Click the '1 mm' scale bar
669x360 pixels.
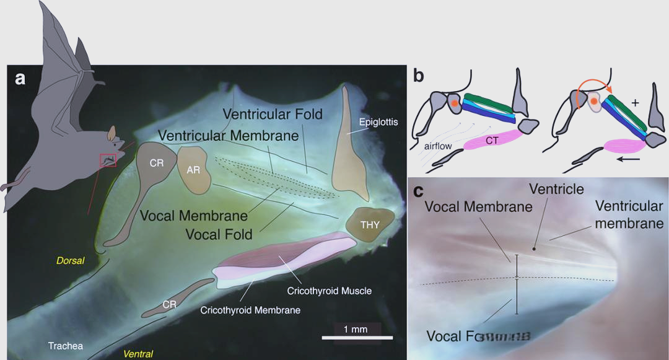tap(357, 337)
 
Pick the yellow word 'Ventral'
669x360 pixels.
tap(138, 354)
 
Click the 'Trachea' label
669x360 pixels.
tap(66, 346)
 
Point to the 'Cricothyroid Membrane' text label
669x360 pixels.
tap(250, 310)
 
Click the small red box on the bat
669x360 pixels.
tap(108, 160)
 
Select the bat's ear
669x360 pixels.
tap(111, 133)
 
